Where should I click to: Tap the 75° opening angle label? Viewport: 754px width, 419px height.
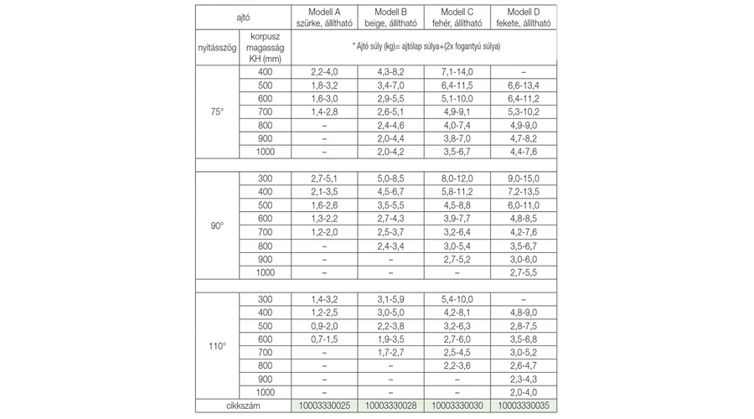[217, 111]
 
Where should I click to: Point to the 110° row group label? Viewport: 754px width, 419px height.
[217, 345]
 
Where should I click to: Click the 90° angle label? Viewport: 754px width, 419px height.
[217, 225]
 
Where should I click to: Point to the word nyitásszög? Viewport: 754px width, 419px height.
[216, 48]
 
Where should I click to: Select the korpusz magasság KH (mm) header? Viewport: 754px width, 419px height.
[264, 48]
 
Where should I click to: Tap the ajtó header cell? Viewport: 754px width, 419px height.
[242, 17]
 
